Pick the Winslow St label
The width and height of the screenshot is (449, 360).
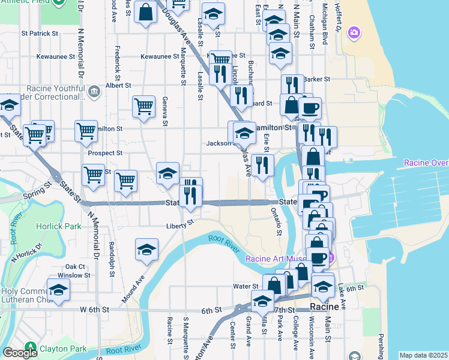tap(78, 275)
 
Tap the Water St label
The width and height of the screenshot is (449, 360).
tap(246, 286)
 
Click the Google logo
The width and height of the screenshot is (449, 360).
tap(20, 352)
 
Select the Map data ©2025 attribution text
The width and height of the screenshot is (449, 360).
tap(423, 355)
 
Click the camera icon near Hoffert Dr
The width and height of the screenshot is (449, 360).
tap(354, 31)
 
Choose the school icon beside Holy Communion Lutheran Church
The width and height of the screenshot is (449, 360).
tap(58, 289)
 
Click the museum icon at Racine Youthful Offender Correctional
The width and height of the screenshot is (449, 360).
tap(94, 91)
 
